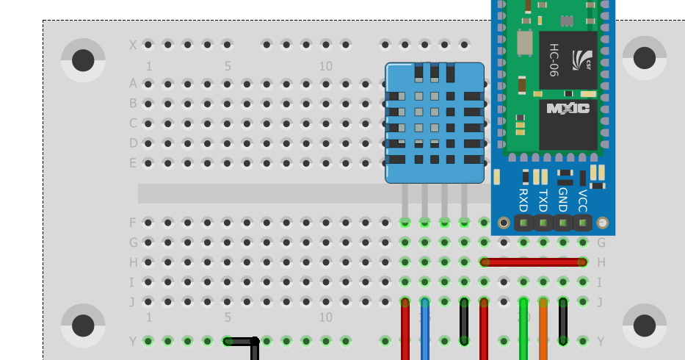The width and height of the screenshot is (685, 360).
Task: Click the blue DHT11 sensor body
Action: (435, 122)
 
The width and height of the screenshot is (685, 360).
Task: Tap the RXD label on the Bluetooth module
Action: (523, 199)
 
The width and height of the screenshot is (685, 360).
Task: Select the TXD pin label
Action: (543, 199)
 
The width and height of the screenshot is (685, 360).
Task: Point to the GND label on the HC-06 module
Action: (563, 199)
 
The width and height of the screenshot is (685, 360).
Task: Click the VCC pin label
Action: (583, 199)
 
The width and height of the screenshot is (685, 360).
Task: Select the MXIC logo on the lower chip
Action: (568, 108)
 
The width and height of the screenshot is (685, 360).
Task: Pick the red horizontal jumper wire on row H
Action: (533, 262)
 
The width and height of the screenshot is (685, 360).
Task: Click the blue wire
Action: (425, 331)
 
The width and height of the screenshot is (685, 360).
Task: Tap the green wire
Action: (523, 331)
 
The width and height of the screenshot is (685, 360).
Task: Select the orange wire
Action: (543, 331)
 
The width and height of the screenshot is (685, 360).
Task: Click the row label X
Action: (133, 45)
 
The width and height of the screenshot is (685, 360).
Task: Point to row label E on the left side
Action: (133, 163)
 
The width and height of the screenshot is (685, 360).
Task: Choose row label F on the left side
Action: (133, 223)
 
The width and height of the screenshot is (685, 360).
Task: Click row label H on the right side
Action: (601, 262)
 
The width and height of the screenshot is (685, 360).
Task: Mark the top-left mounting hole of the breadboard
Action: (83, 60)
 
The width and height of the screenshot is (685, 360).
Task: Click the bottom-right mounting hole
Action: (644, 325)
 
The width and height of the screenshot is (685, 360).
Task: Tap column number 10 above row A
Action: (325, 67)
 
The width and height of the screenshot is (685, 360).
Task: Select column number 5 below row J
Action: (228, 318)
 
